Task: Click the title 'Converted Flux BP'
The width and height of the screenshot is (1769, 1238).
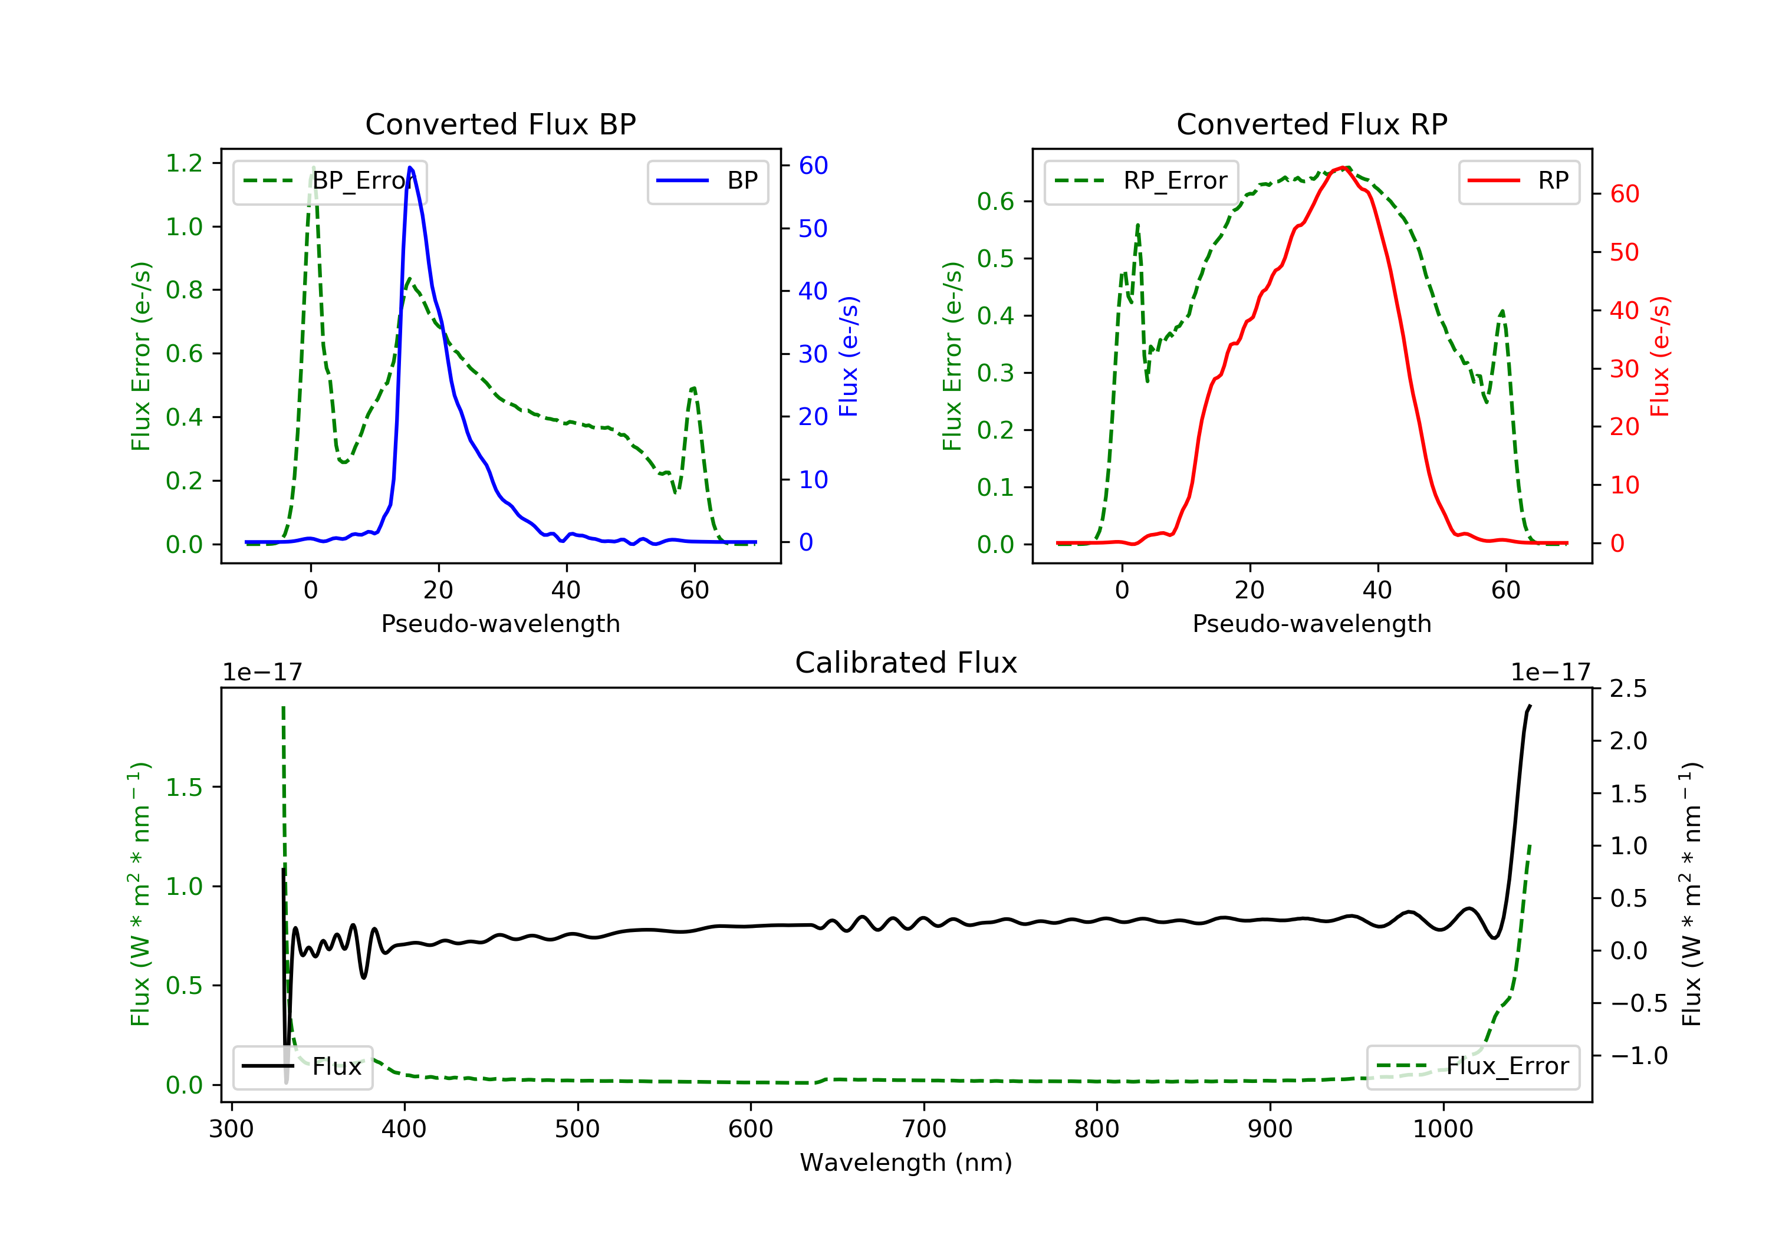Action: point(501,124)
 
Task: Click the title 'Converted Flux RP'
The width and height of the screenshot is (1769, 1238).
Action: point(1312,124)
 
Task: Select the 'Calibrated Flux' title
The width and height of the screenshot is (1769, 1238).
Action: point(906,663)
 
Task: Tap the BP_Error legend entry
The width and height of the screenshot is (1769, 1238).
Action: point(330,181)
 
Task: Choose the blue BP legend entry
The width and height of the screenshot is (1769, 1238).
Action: point(707,181)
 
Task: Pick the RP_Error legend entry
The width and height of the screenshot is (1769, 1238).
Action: point(1141,181)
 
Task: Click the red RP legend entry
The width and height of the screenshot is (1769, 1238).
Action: point(1518,181)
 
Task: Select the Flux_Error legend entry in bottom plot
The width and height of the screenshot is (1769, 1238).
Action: point(1472,1066)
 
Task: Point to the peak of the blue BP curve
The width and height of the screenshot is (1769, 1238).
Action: point(410,167)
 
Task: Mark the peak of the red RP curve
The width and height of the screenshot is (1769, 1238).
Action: point(1343,167)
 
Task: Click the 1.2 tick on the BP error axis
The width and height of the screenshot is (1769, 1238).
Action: point(184,163)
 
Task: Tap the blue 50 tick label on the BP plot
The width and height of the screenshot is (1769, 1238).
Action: point(813,229)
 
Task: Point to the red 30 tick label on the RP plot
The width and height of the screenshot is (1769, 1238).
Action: point(1624,369)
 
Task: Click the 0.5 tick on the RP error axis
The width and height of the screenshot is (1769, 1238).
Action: point(995,259)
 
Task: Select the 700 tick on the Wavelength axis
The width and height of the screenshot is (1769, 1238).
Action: point(924,1130)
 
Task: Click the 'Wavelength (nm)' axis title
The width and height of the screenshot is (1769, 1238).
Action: point(906,1163)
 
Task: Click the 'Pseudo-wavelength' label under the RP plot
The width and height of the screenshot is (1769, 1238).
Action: point(1312,623)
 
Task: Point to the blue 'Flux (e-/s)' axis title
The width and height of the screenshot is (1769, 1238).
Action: point(849,356)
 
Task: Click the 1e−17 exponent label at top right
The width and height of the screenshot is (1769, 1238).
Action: point(1550,673)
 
